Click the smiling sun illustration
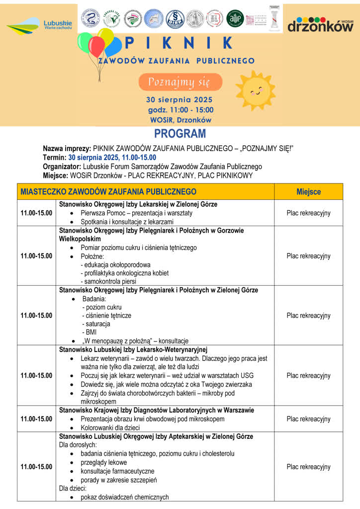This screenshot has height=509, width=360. coord(255,90)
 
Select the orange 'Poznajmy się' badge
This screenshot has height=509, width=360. coord(180,82)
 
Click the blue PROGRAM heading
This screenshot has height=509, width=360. coord(180,134)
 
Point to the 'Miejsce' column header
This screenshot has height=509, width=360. coord(308,192)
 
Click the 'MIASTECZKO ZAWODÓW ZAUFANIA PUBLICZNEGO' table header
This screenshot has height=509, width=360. coord(108,192)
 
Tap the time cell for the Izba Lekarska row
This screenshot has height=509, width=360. coord(36,213)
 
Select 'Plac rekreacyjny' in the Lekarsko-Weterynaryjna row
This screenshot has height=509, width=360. coord(308,376)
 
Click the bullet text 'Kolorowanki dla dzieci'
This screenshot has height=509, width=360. coord(111,427)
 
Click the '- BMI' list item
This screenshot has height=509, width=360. coord(90,332)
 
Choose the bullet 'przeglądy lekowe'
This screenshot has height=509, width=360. coord(104,462)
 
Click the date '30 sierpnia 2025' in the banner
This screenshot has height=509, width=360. coord(180,99)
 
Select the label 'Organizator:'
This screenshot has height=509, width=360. coord(61,167)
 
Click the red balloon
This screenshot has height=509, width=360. coord(96,46)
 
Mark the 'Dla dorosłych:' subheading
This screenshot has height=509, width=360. coord(78,445)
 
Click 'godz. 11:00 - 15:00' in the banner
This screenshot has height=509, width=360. coord(180,110)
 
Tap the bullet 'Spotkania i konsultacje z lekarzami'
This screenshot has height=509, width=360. coord(127,222)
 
